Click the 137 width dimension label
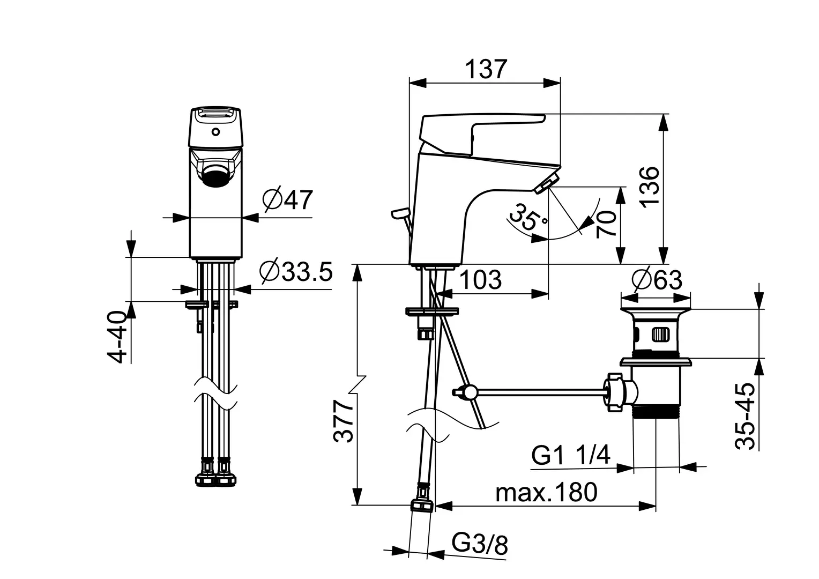point(486,69)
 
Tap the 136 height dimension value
point(649,186)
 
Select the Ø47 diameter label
point(287,200)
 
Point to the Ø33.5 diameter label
point(295,272)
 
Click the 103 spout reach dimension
point(480,279)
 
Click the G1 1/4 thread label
point(571,456)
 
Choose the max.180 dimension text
point(546,492)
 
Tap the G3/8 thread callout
point(480,545)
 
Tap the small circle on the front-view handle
point(215,131)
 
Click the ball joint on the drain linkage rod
point(470,392)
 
